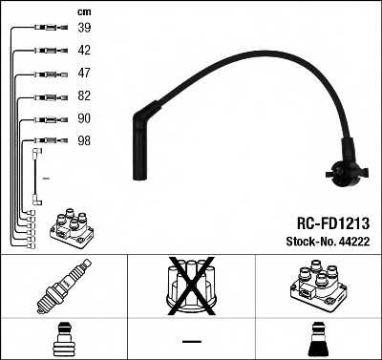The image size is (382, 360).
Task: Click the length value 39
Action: click(84, 29)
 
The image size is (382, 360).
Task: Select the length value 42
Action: click(84, 51)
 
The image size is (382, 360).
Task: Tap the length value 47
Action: click(84, 73)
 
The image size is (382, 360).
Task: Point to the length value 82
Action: click(84, 95)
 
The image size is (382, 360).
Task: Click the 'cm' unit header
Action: click(83, 11)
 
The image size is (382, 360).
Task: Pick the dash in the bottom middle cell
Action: click(191, 340)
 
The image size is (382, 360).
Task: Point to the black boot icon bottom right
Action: click(318, 339)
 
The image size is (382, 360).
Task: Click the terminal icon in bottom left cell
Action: click(63, 339)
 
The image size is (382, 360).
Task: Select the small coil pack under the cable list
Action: click(66, 227)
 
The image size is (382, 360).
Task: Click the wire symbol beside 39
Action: click(45, 29)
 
